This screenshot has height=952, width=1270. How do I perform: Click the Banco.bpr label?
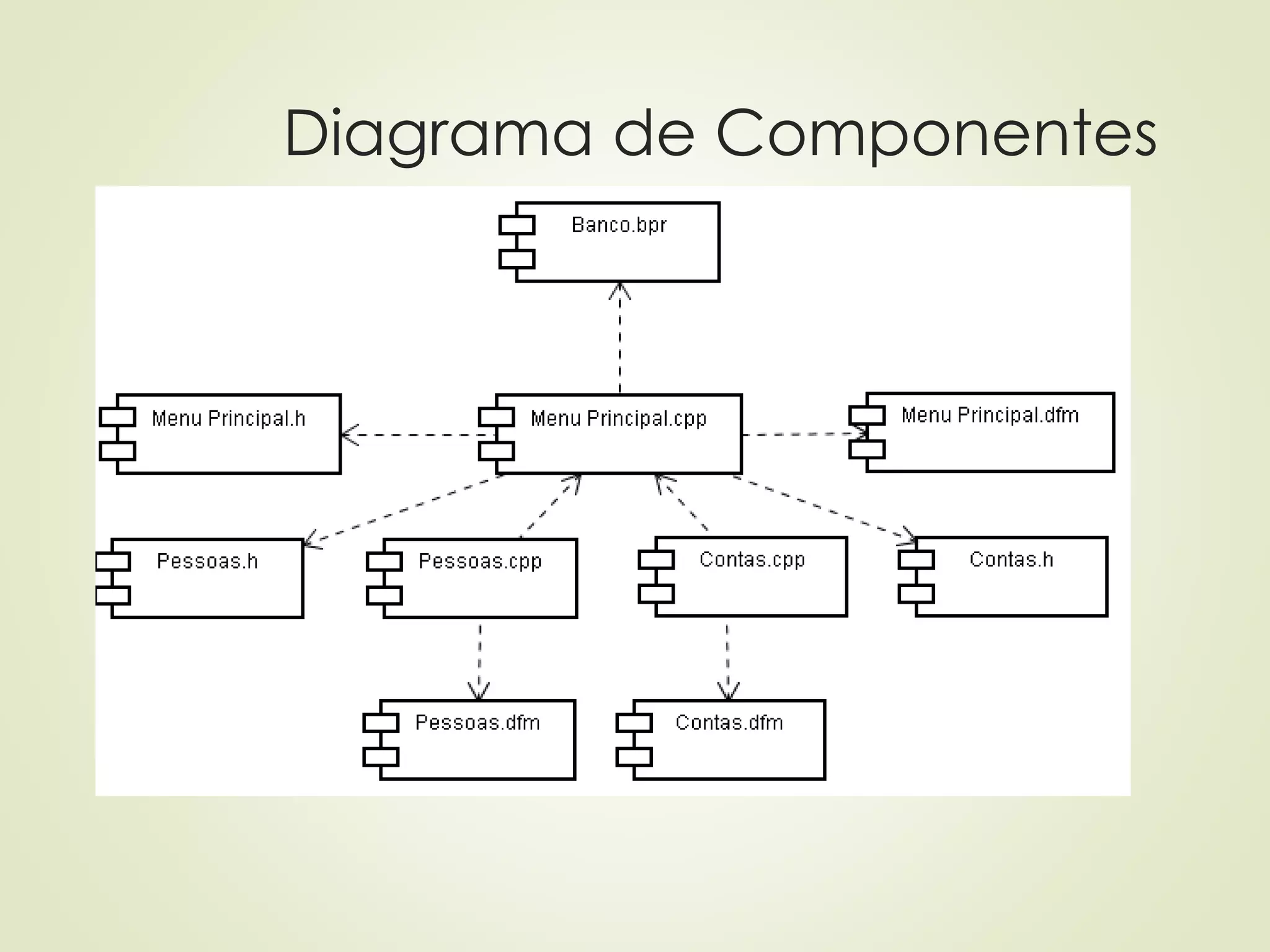click(619, 225)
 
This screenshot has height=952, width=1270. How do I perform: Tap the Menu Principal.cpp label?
click(618, 419)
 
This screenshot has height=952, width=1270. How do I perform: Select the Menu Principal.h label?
click(229, 419)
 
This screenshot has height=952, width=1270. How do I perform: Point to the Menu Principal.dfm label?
click(990, 415)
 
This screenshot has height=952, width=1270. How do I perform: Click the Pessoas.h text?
click(207, 562)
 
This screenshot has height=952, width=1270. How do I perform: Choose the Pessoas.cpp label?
click(480, 562)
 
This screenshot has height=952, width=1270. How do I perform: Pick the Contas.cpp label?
click(752, 560)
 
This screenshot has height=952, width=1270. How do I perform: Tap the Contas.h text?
click(1011, 560)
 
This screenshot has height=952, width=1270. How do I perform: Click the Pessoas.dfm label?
click(477, 723)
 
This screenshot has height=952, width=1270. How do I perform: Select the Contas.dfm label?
click(729, 723)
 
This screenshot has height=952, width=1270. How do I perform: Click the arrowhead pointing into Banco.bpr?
click(619, 290)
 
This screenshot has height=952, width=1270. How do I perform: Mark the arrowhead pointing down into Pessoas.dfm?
click(479, 692)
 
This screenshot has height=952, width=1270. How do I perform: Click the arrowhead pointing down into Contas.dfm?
click(729, 692)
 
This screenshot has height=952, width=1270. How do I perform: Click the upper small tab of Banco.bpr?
click(517, 225)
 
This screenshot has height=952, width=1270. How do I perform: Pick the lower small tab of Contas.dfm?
click(634, 757)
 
